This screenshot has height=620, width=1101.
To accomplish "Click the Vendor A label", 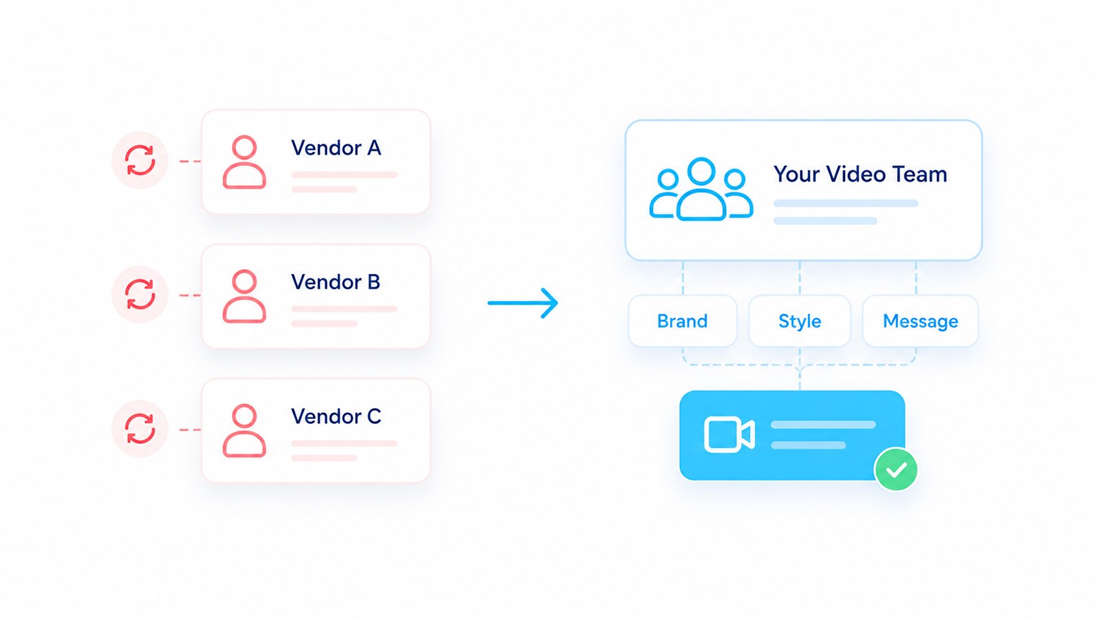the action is pos(336,148).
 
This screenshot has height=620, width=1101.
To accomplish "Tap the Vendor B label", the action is pos(336,282).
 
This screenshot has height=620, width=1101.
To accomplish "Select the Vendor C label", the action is pos(336,416).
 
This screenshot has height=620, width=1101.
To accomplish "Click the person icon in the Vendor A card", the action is pos(244,162).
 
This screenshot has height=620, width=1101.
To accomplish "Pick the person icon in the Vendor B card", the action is pos(244,297).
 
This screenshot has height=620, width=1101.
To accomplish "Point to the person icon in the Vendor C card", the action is pos(244,431).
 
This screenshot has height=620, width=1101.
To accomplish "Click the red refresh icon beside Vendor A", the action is pos(140,160).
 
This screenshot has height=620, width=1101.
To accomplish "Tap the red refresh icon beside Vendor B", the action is pos(140,295).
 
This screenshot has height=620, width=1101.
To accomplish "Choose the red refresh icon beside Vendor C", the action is pos(140,429).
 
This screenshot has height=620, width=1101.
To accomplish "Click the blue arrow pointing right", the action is pos(523,303).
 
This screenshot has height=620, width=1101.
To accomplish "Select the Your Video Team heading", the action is pos(860,175).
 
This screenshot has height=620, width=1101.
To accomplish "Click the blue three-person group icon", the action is pos(701,189).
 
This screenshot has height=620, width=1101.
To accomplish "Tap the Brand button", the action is pos(682,321).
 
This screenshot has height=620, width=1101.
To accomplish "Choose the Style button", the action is pos(800,321).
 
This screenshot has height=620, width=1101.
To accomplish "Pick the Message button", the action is pos(921,321).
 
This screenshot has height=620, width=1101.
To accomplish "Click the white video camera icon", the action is pos(729,435).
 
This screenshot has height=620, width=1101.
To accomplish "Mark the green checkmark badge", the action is pos(896,469).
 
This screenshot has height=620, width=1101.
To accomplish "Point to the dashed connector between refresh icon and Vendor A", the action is pos(190,161).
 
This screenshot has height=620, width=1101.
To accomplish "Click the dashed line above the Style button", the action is pos(800,278).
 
